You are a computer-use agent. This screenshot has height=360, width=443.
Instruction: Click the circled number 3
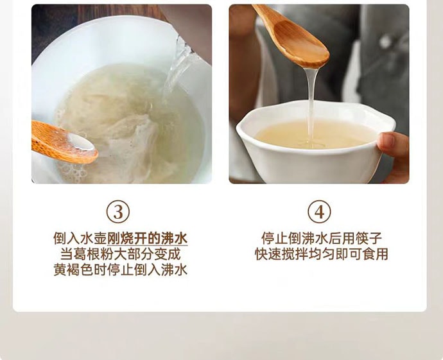pos(117,212)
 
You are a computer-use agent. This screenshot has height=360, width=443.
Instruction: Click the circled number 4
pos(319,212)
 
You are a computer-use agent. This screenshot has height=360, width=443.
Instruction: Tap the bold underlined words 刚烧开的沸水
pos(148,239)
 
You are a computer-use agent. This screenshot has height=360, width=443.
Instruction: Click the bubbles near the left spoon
pos(71,170)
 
